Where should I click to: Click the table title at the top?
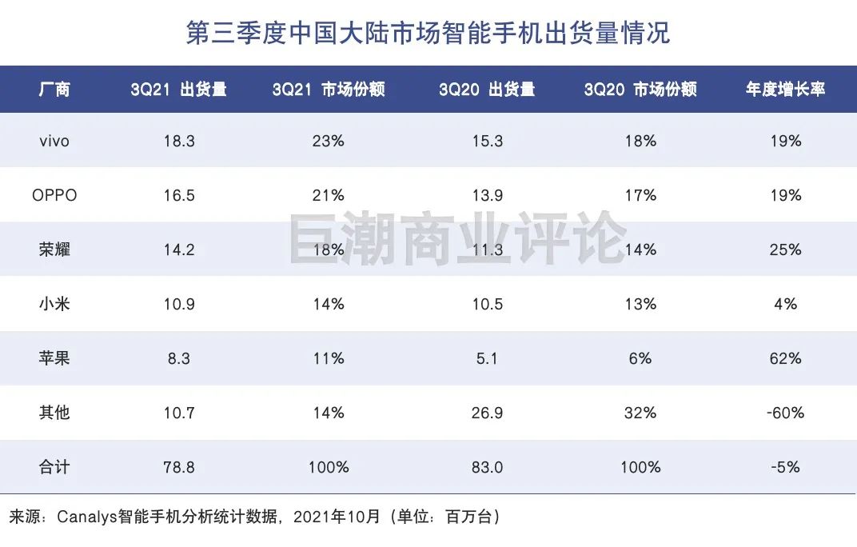pyautogui.click(x=428, y=33)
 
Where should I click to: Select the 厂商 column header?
pyautogui.click(x=54, y=90)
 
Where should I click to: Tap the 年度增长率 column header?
pyautogui.click(x=785, y=90)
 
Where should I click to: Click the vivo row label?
pyautogui.click(x=54, y=142)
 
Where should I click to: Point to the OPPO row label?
pyautogui.click(x=54, y=195)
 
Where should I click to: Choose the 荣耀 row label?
pyautogui.click(x=54, y=250)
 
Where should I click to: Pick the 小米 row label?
pyautogui.click(x=54, y=304)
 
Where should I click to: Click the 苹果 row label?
pyautogui.click(x=54, y=358)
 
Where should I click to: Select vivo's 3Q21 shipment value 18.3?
pyautogui.click(x=178, y=142)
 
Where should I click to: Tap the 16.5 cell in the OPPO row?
pyautogui.click(x=178, y=195)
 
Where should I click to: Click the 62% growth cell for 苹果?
pyautogui.click(x=785, y=358)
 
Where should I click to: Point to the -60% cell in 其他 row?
pyautogui.click(x=785, y=413)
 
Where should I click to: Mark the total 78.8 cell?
pyautogui.click(x=178, y=467)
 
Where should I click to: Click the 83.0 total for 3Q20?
pyautogui.click(x=487, y=467)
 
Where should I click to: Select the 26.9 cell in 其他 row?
pyautogui.click(x=487, y=413)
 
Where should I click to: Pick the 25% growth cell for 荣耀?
pyautogui.click(x=785, y=250)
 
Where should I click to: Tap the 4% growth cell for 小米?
pyautogui.click(x=785, y=304)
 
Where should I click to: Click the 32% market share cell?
pyautogui.click(x=640, y=413)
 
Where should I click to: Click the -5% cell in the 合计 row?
pyautogui.click(x=785, y=467)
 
